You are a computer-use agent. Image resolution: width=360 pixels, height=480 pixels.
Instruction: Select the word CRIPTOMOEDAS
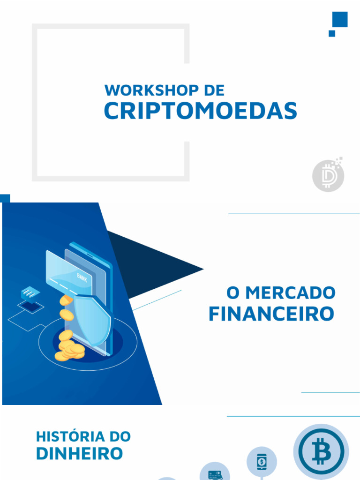(x=200, y=111)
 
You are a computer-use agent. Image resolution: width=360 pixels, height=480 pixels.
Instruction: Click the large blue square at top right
(x=340, y=20)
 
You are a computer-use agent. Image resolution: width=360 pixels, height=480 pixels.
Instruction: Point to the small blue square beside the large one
(x=332, y=33)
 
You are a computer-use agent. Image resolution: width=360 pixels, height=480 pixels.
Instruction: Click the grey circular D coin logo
(x=328, y=177)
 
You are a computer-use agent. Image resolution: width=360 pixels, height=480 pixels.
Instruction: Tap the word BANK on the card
(x=82, y=276)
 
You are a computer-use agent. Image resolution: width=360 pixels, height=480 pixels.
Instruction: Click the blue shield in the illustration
(x=93, y=319)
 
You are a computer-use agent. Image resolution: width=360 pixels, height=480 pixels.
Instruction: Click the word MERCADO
(x=291, y=293)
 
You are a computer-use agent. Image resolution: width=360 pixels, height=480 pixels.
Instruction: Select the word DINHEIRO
(x=79, y=453)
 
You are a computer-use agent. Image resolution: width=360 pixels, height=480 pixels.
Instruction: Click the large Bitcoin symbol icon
(x=321, y=451)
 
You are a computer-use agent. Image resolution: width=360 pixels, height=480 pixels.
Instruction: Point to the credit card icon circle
(x=214, y=473)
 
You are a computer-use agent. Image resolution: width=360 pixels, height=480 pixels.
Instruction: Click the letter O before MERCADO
(x=233, y=293)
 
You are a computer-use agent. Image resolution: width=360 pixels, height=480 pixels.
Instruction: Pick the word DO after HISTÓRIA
(x=120, y=436)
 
